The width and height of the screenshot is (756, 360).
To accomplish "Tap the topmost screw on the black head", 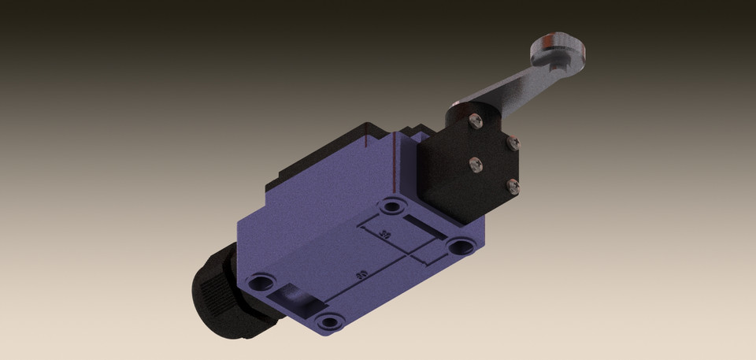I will coord(474,120).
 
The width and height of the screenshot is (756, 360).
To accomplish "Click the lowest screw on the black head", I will coord(513,186).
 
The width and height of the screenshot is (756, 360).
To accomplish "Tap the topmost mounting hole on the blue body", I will coord(391,207).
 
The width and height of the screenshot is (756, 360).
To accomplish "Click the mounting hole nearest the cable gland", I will coord(261,282).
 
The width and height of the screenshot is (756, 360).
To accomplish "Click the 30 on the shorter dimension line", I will coord(385,234).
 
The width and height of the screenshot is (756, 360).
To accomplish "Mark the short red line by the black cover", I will coord(367,140).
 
